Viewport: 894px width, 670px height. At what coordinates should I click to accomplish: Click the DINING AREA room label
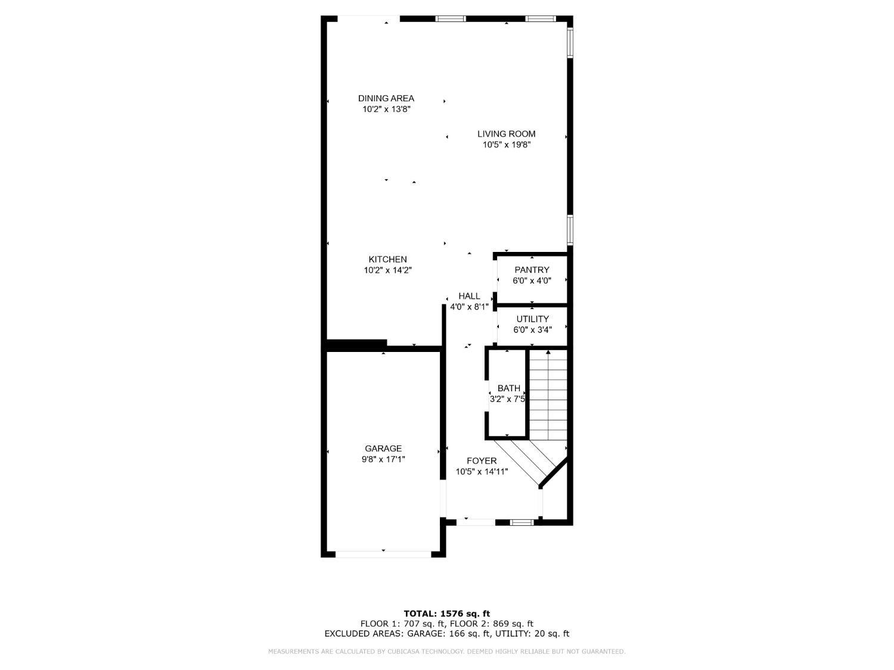coord(386,98)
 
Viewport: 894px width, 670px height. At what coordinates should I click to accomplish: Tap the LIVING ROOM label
coord(506,134)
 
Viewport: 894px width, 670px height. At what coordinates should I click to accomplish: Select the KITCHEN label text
coord(387,259)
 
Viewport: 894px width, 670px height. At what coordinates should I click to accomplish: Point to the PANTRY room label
coord(532,270)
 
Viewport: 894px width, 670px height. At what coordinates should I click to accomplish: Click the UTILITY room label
coord(532,319)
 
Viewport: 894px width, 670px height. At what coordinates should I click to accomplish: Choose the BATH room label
coord(508,388)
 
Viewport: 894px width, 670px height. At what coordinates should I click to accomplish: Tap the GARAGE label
coord(383,448)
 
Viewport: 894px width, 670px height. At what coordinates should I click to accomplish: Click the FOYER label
coord(482,460)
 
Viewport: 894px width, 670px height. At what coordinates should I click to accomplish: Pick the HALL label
coord(469,296)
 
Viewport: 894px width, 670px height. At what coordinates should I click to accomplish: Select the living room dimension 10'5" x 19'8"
coord(506,145)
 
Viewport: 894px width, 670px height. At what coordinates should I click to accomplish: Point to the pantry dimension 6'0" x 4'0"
coord(532,281)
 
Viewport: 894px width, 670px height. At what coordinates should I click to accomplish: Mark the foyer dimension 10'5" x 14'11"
coord(482,472)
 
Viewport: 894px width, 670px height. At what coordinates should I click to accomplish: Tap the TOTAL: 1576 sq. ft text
coord(446,613)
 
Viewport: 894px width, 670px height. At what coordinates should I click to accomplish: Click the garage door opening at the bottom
coord(383,554)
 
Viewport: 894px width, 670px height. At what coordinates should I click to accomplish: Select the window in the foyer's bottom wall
coord(522,522)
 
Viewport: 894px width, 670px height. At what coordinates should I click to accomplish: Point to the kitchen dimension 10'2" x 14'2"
coord(387,270)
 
